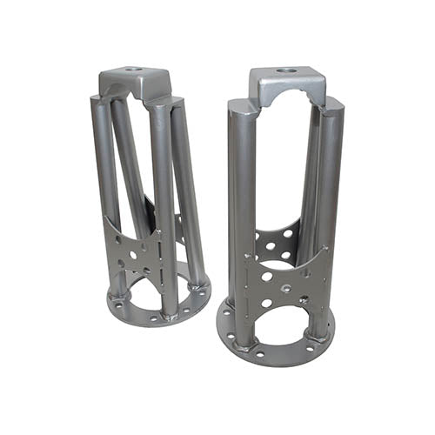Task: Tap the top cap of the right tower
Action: coord(287,85)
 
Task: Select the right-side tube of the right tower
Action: coord(328,200)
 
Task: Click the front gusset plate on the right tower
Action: coord(287,283)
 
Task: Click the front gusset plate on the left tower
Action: coord(133,252)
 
